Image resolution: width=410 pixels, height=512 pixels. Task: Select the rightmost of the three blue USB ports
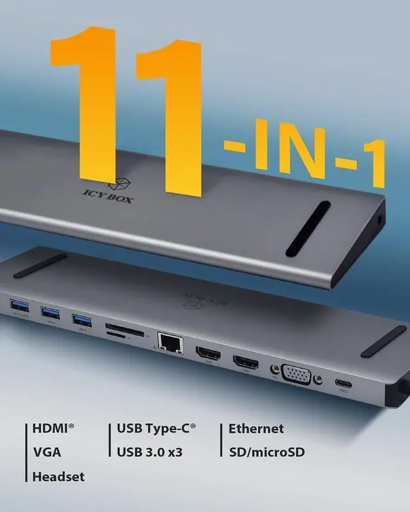click(82, 320)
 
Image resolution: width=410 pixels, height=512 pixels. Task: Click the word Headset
click(58, 477)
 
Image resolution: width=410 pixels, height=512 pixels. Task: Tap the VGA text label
click(47, 452)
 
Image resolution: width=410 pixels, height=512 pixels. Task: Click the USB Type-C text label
click(156, 429)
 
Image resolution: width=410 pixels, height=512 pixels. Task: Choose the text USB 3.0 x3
click(150, 452)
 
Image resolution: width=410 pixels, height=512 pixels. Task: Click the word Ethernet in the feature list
click(256, 429)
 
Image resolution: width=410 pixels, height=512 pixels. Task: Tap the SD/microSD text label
click(266, 452)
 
